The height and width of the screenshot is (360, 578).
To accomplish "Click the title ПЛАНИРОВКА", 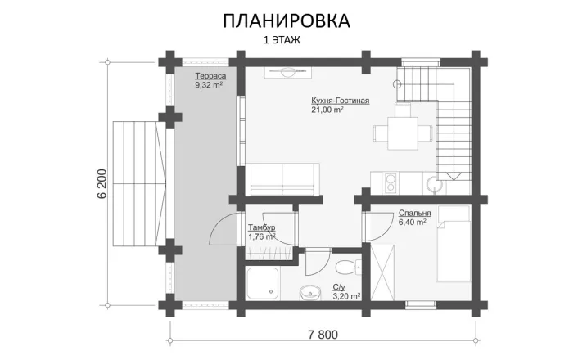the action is [x=287, y=21].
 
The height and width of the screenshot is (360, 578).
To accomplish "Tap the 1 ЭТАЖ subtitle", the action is [x=282, y=40].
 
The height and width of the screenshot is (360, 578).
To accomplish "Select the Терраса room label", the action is [x=210, y=76].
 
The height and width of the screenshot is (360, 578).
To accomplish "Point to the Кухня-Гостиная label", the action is [x=341, y=101].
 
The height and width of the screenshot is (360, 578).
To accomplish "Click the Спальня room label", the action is [x=415, y=213].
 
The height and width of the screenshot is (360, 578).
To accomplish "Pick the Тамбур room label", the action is [x=261, y=227].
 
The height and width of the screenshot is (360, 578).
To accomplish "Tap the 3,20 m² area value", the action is [x=346, y=296].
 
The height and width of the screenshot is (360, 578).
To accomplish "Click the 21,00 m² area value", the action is [x=327, y=110].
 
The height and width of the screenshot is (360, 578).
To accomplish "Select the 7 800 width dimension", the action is [x=323, y=335].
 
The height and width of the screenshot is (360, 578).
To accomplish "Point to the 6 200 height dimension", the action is [x=102, y=183].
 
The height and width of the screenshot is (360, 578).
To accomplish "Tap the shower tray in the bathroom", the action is [x=263, y=283].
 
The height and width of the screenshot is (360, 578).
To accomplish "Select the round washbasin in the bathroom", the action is [x=309, y=293].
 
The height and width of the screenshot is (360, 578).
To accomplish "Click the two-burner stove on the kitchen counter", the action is [x=391, y=183].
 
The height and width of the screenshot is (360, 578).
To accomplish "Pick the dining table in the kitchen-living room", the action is [x=403, y=133].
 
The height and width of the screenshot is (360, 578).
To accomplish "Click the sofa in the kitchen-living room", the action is [x=282, y=179].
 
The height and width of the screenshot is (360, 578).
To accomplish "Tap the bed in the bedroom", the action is [x=453, y=243].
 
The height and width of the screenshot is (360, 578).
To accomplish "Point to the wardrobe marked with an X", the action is [x=382, y=272].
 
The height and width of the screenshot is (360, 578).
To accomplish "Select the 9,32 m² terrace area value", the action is [x=209, y=85].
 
